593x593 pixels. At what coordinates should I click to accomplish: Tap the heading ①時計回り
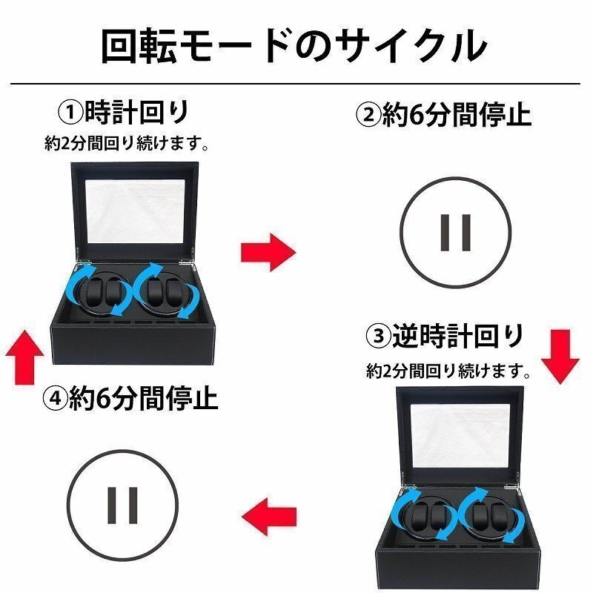coord(124,113)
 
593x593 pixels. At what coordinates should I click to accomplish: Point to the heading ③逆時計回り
coord(445,337)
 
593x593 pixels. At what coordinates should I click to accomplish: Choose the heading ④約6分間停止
coord(130,400)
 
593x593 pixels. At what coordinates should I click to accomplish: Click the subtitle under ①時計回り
coord(125,144)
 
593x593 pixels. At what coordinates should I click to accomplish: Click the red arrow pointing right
coord(267,252)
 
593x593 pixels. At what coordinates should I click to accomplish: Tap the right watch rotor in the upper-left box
coord(162,294)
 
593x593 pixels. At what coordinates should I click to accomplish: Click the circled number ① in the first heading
coord(70,113)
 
